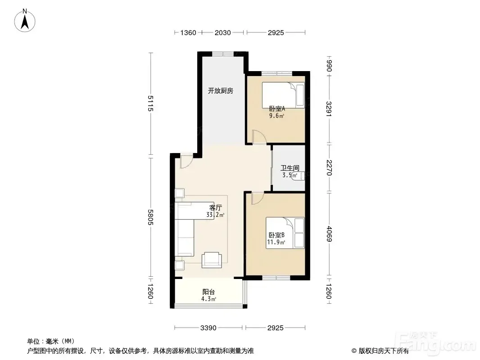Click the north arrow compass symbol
pos(25,21)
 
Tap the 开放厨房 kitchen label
pos(220,91)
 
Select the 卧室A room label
pos(277,108)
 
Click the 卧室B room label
pos(277,235)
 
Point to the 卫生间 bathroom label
pos(290,168)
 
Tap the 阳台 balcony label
pos(208,292)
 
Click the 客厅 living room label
pos(216,207)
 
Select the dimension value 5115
pos(150,103)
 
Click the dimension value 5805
pos(150,217)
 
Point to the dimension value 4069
pos(329,234)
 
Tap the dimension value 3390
pos(208,328)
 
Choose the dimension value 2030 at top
pos(222,32)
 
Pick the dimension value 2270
pos(329,168)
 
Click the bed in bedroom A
pos(283,95)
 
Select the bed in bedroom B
pos(285,233)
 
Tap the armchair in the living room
pos(212,260)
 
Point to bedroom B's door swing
pos(258,198)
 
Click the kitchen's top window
pos(223,54)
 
